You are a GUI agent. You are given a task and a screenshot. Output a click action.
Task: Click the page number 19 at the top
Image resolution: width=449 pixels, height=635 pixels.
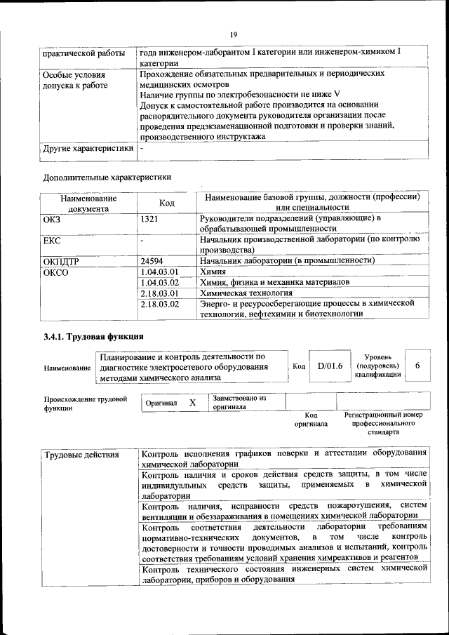234,33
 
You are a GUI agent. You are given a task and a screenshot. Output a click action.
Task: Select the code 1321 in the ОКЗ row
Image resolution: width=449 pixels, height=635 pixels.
149,219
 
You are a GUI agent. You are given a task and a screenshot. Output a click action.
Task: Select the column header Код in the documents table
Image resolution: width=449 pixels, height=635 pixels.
167,203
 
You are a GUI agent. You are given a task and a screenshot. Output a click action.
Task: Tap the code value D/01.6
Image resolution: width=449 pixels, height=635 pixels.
330,366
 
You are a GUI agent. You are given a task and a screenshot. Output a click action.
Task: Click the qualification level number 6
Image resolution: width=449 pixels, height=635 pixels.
418,366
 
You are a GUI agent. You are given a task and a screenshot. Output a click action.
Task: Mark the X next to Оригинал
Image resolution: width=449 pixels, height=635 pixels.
192,403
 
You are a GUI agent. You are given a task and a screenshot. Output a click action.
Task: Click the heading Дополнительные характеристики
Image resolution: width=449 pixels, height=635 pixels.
107,177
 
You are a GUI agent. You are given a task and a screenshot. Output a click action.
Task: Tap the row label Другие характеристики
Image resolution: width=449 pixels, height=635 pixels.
88,149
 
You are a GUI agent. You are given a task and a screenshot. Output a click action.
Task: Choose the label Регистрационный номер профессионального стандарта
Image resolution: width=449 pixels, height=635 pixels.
383,424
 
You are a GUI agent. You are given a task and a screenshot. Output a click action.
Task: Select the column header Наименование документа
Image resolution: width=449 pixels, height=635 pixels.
88,203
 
